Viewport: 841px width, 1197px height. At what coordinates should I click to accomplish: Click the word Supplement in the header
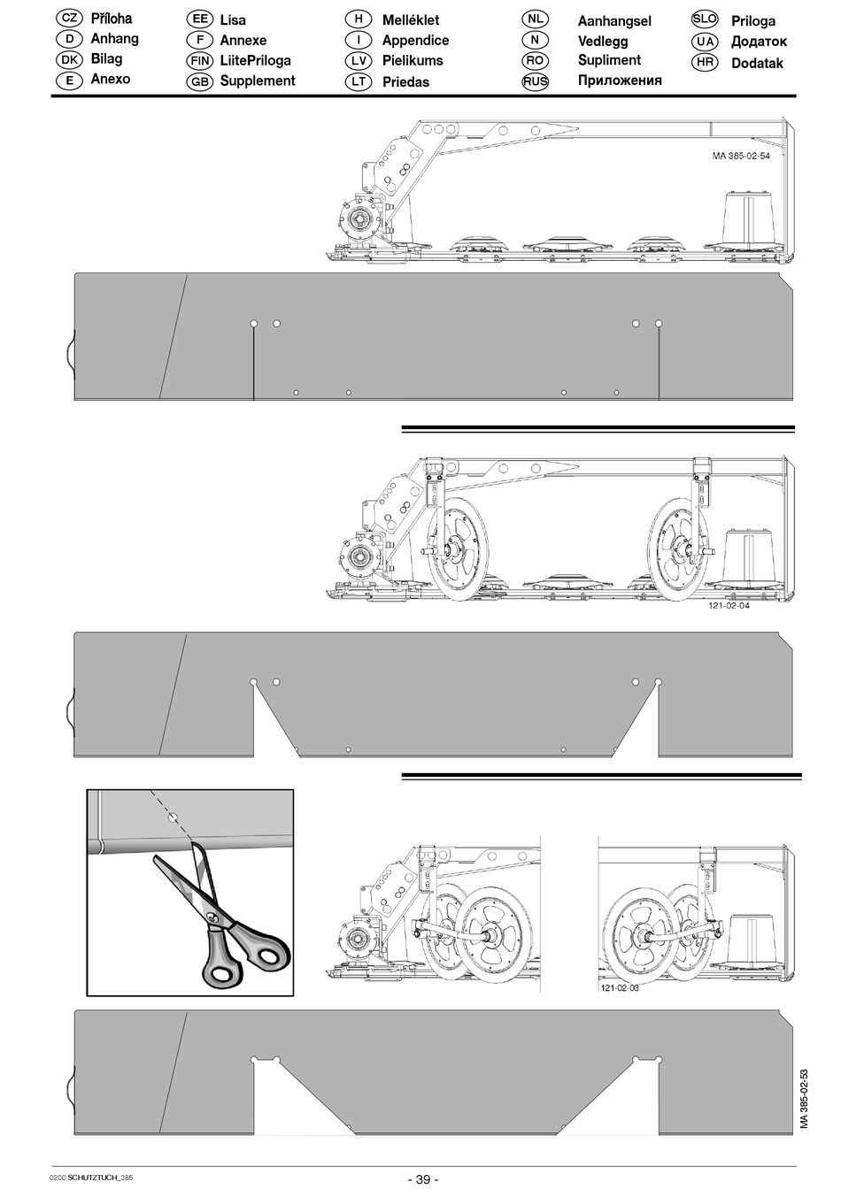[257, 81]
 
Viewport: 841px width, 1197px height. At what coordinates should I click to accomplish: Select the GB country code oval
[200, 81]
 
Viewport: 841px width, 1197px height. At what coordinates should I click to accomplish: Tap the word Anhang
[114, 39]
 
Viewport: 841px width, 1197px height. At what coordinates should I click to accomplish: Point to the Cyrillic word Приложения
[620, 81]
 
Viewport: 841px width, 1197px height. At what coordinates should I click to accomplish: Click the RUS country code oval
[536, 81]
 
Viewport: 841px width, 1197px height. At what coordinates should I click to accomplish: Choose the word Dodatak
[757, 63]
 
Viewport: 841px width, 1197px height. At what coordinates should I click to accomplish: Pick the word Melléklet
[411, 20]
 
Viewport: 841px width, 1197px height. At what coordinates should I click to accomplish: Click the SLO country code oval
[705, 19]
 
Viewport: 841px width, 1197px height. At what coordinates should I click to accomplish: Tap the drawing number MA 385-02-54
[741, 156]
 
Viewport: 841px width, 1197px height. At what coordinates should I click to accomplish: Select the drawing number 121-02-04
[729, 605]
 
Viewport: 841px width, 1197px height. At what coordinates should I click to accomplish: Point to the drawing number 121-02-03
[620, 988]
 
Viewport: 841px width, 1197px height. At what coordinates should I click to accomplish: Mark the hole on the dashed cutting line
[173, 817]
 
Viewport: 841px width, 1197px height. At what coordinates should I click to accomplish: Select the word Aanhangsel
[614, 21]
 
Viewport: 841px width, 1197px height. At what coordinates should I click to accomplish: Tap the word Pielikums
[413, 60]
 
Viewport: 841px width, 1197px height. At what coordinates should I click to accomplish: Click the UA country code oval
[705, 42]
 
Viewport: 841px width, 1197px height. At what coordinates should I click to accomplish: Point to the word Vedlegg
[603, 42]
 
